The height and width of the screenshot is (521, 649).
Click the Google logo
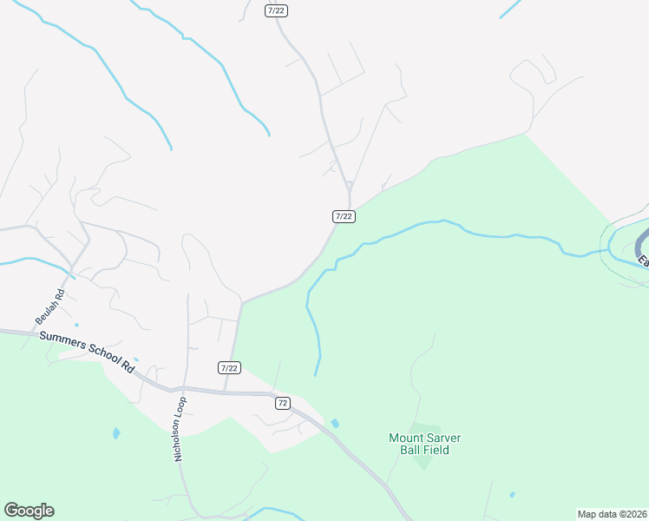29,511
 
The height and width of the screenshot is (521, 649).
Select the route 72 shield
282,403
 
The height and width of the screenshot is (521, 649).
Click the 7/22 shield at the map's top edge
275,9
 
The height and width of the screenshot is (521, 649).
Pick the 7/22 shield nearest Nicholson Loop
229,368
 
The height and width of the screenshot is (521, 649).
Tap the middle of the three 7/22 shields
344,215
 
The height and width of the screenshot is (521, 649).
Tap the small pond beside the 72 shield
335,423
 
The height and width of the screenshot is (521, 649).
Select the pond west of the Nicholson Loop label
116,432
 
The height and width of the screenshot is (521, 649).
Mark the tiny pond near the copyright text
512,495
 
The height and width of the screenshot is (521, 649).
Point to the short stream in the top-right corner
510,8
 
